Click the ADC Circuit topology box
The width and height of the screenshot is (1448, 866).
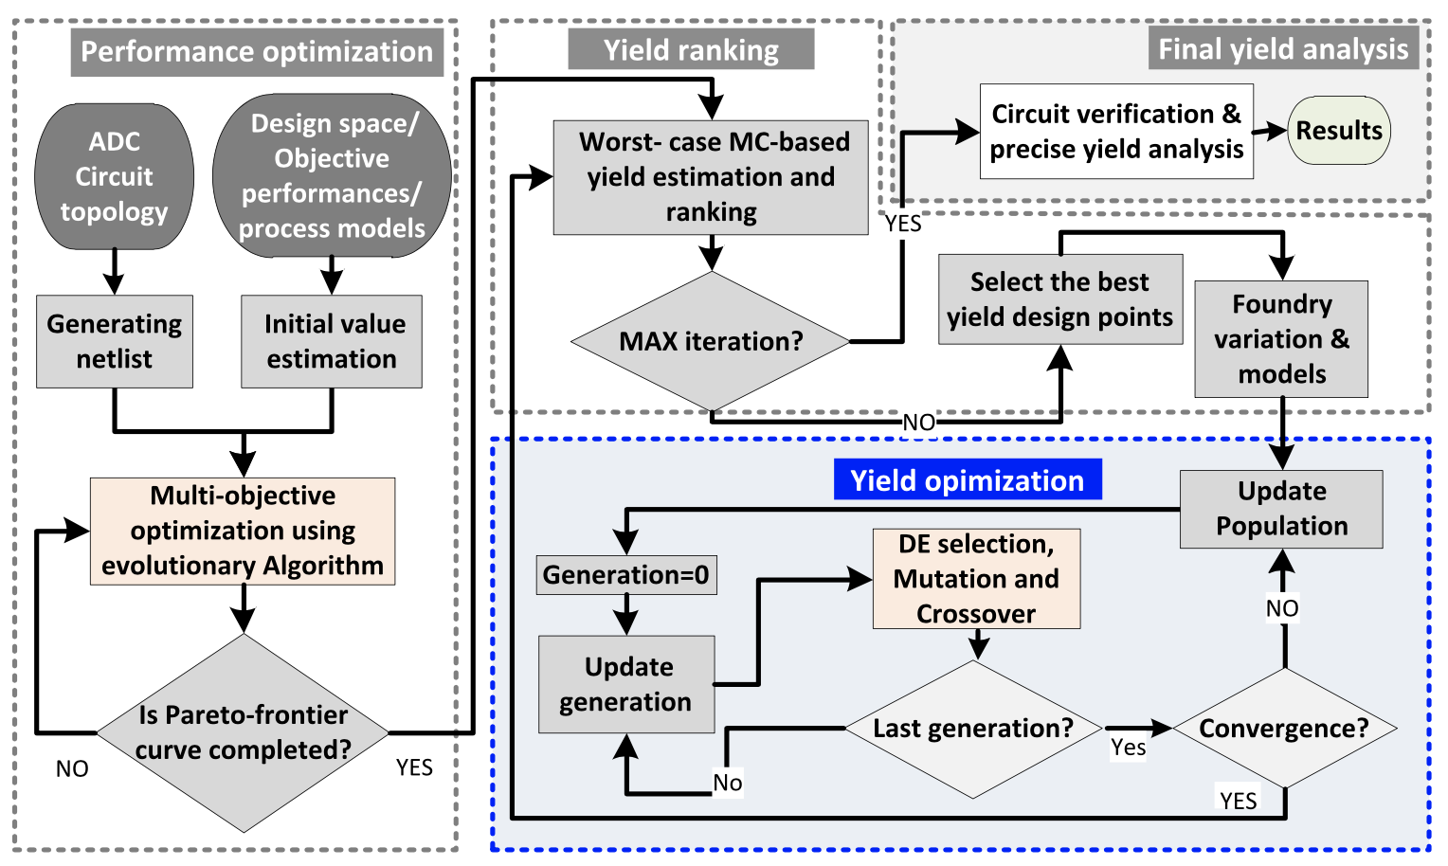(x=115, y=177)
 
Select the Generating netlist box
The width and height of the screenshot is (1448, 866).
(x=115, y=342)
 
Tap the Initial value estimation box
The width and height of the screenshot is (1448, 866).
(x=332, y=342)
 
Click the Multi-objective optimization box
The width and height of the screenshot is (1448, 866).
(x=243, y=532)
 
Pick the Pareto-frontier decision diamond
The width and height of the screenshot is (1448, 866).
(x=244, y=732)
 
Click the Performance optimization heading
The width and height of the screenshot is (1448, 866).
(x=257, y=52)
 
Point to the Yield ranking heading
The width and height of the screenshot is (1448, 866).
(x=691, y=49)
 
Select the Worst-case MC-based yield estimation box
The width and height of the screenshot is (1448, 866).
(x=711, y=177)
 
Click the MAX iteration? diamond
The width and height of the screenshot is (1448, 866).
(x=711, y=341)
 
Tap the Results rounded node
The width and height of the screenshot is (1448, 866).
(x=1339, y=131)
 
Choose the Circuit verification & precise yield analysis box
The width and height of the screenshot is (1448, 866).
(x=1116, y=132)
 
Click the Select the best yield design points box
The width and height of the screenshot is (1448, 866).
(x=1060, y=299)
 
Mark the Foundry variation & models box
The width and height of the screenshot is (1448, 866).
(x=1281, y=339)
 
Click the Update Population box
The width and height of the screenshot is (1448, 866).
(x=1281, y=509)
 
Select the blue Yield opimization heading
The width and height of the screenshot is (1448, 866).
(x=968, y=480)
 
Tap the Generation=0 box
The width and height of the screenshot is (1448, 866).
(x=626, y=575)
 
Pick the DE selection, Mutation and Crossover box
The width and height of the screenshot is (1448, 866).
(x=976, y=579)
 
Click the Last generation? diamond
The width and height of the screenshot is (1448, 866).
(x=973, y=729)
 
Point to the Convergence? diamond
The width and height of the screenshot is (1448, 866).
(x=1284, y=729)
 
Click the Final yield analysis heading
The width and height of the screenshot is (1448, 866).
(x=1283, y=49)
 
